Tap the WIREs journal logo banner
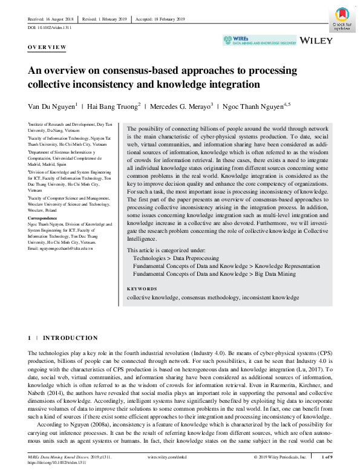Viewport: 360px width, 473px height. pyautogui.click(x=260, y=41)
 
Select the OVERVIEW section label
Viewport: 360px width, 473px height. pyautogui.click(x=47, y=47)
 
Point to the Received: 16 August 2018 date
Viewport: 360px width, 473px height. pyautogui.click(x=55, y=19)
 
